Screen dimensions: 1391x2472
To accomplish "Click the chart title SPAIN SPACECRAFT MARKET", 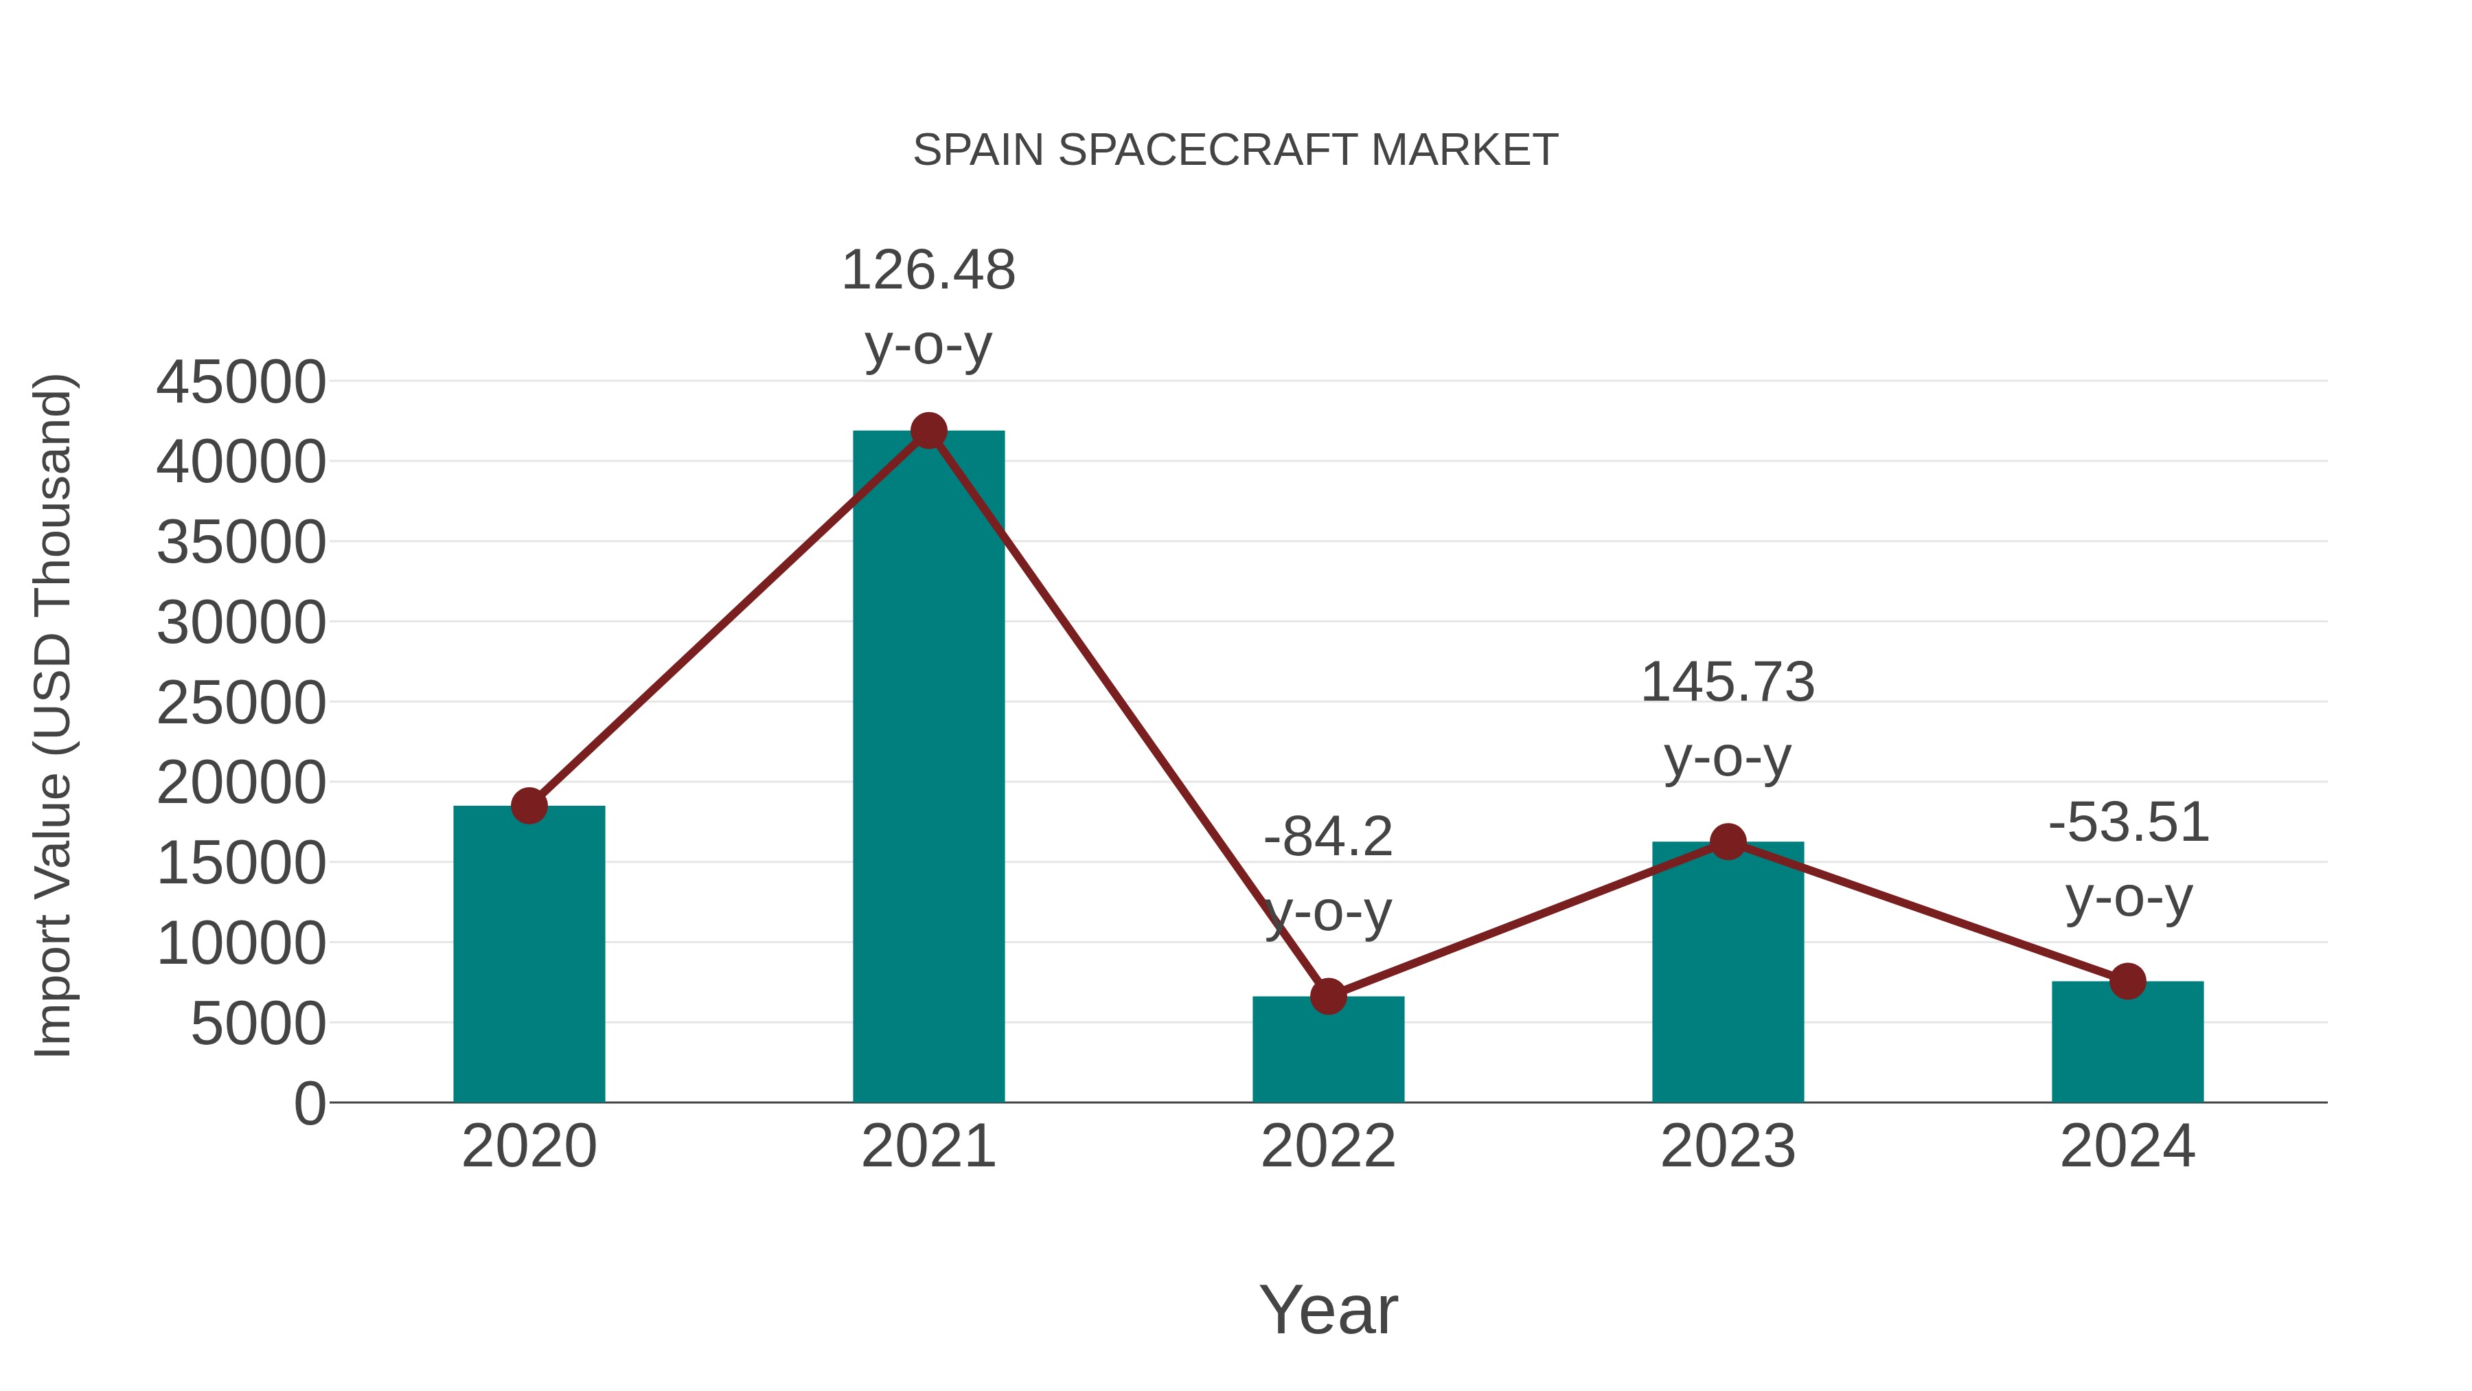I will click(x=1235, y=150).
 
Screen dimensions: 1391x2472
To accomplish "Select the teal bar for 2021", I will click(x=928, y=768).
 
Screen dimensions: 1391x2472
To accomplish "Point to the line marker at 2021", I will click(x=928, y=431).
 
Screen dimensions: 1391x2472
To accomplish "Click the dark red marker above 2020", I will click(x=529, y=806).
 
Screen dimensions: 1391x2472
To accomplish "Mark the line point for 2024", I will click(x=2127, y=981).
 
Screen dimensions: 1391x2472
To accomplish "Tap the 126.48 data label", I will click(x=928, y=271).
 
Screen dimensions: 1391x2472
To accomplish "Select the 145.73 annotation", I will click(x=1728, y=683).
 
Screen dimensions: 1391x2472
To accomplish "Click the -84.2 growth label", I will click(x=1328, y=837).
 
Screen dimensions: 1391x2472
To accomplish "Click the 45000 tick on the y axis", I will click(x=241, y=383).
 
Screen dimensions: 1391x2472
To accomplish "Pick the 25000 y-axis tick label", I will click(x=241, y=703).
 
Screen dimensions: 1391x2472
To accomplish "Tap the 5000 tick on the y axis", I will click(x=258, y=1024).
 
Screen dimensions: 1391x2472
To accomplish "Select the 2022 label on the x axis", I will click(x=1328, y=1146).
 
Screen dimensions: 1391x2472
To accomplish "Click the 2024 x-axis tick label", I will click(x=2127, y=1146).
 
